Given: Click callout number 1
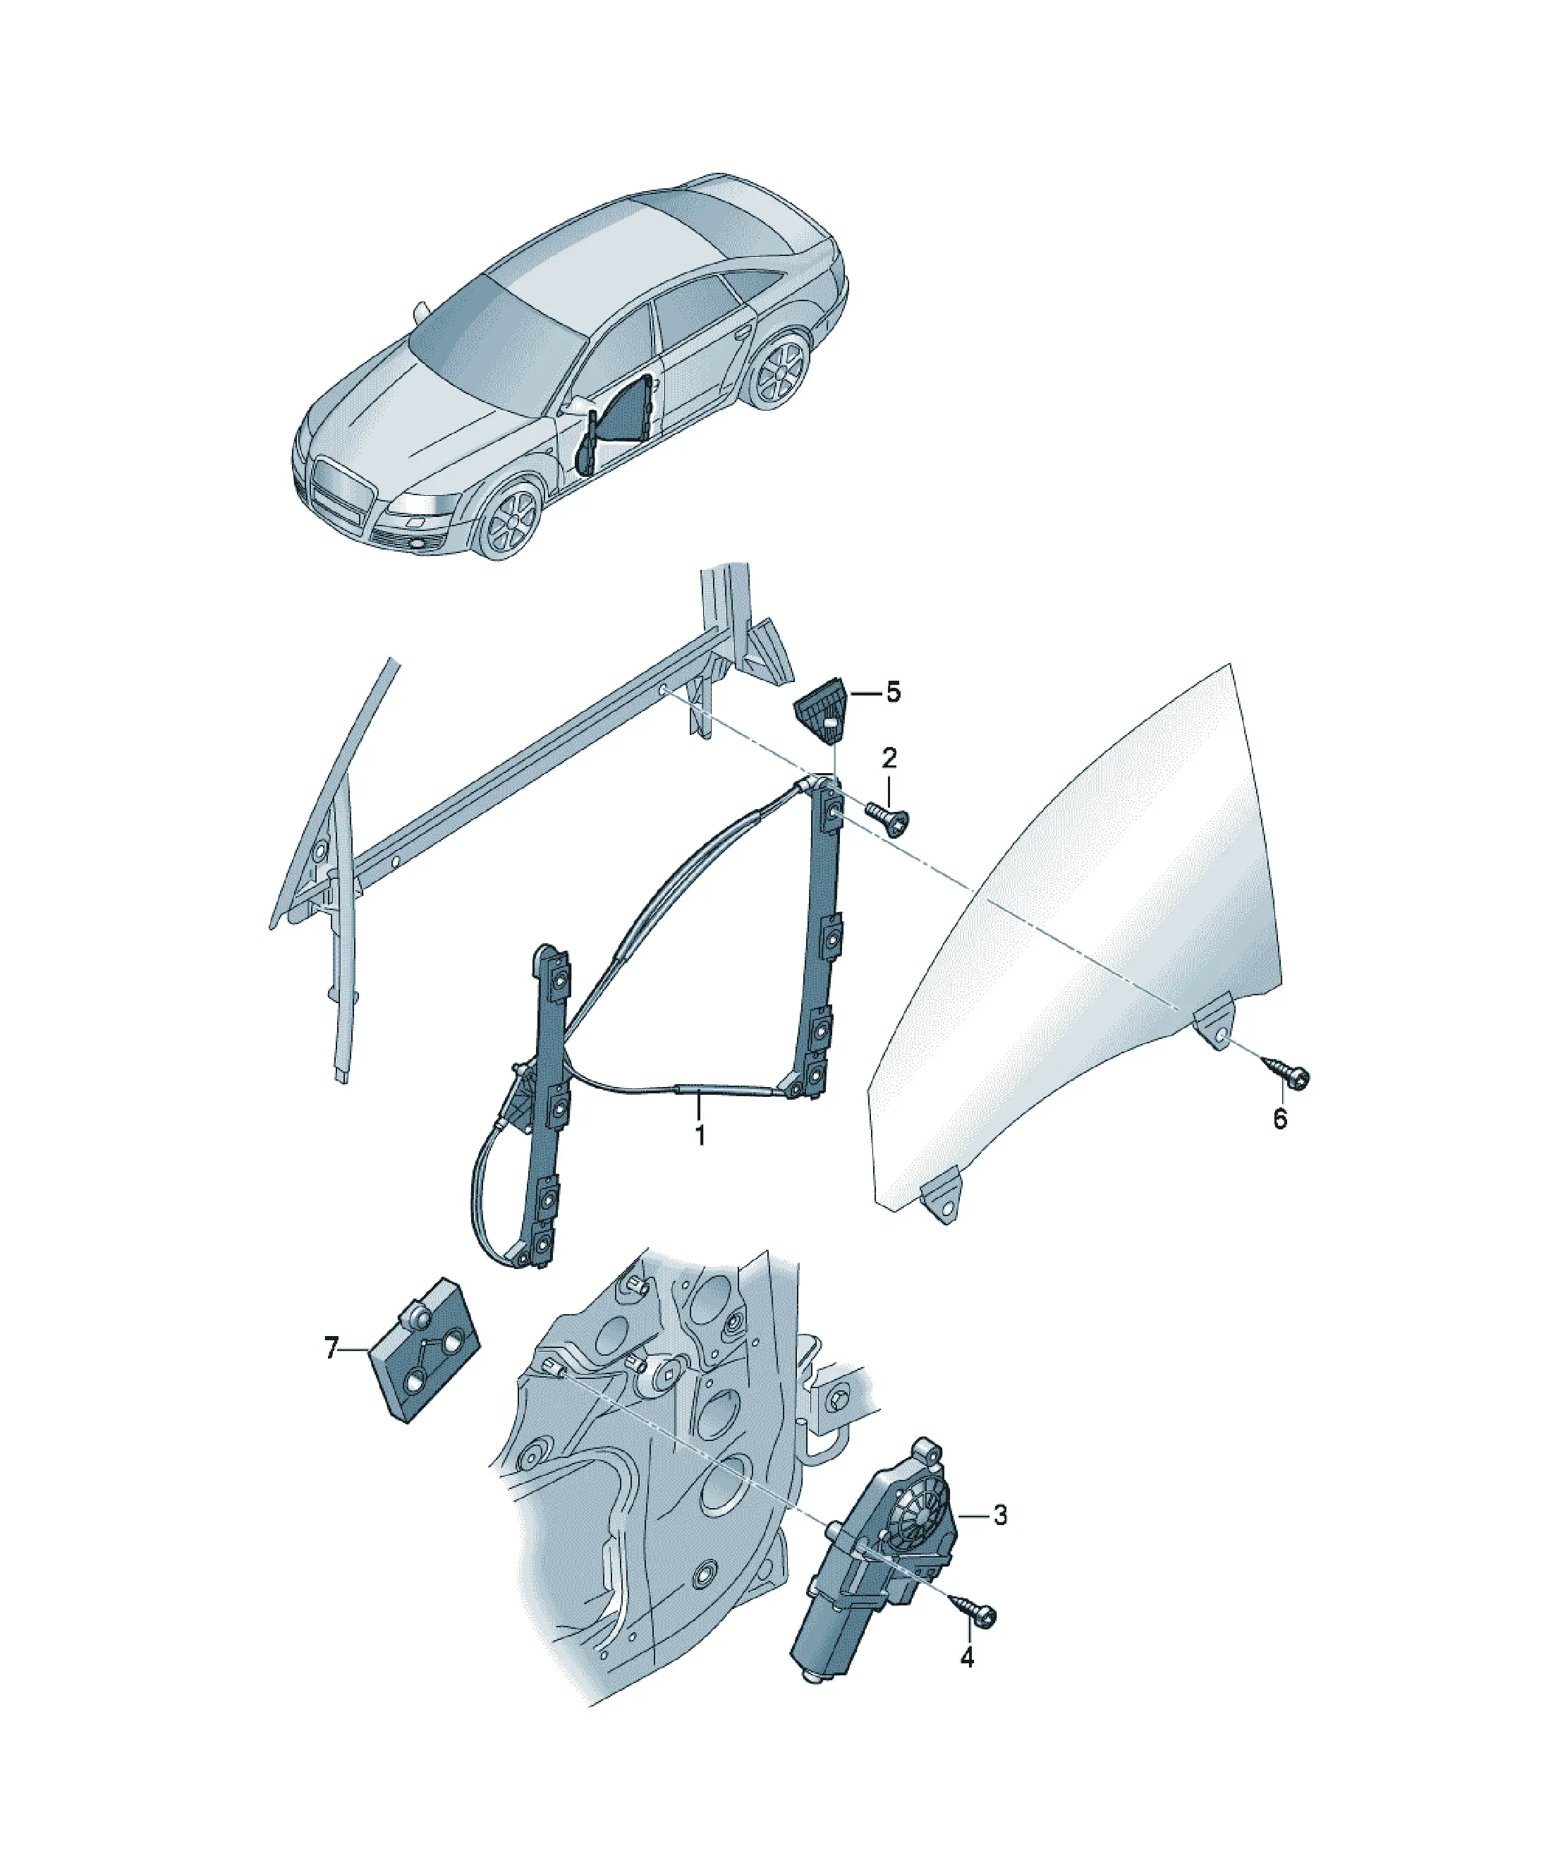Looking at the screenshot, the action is coord(700,1136).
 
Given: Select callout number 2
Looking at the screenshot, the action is coord(889,759).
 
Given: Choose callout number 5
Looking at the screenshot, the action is coord(892,692).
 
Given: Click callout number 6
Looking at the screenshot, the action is coord(1279,1119).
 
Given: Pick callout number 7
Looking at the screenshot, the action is coord(331,1350).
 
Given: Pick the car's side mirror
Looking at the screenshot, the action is coord(580,408).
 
